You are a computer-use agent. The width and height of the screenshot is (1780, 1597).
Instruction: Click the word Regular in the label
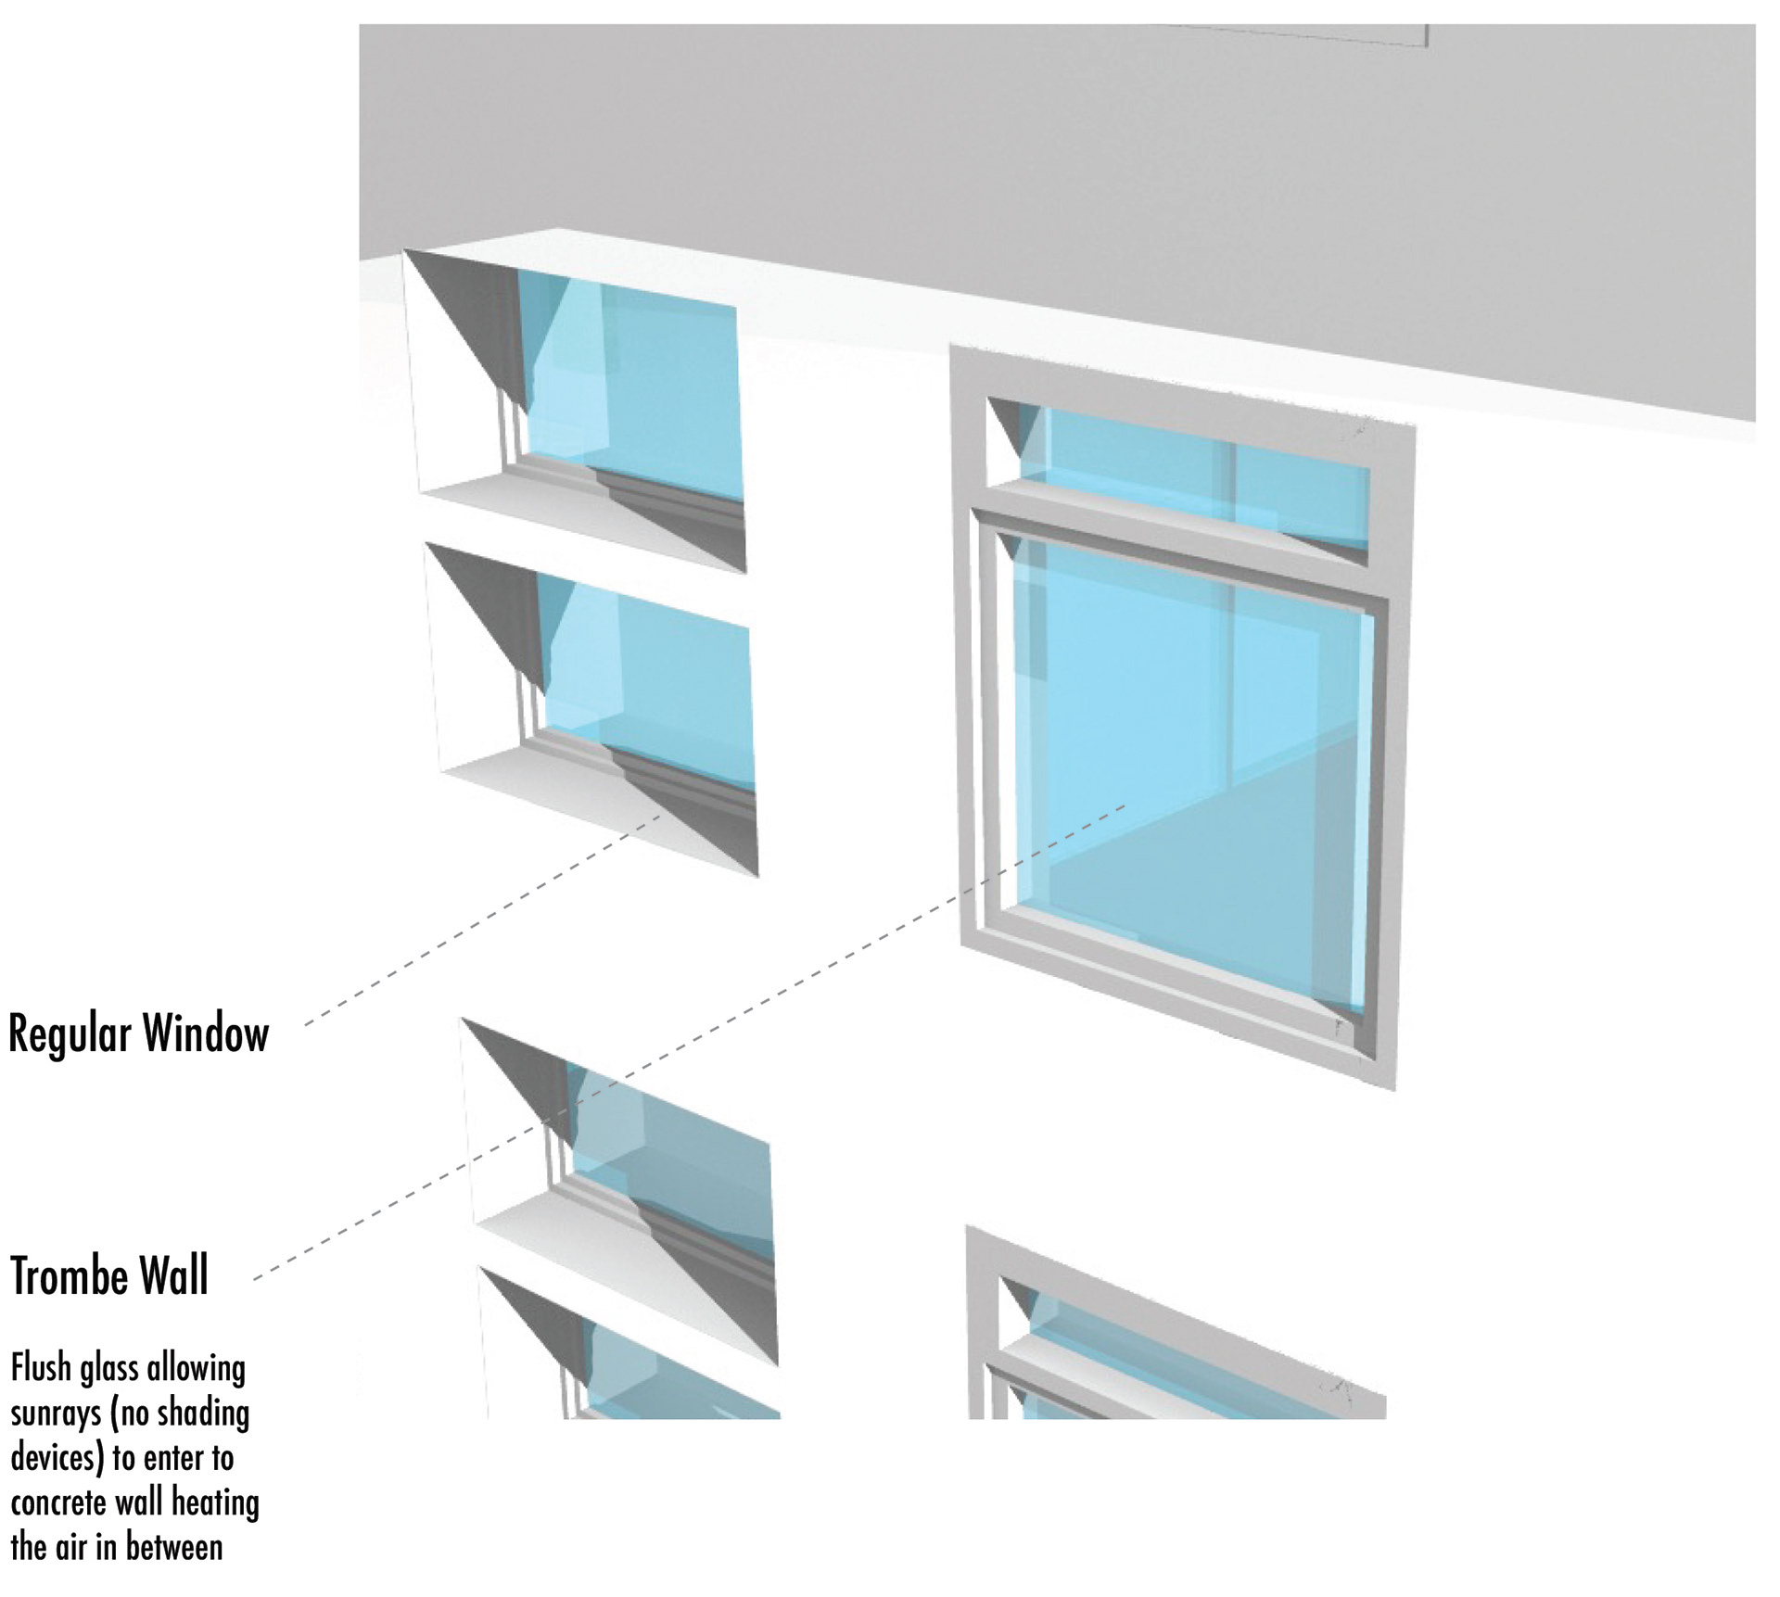coord(70,1034)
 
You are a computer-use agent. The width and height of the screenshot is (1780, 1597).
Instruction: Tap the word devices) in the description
coord(56,1458)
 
